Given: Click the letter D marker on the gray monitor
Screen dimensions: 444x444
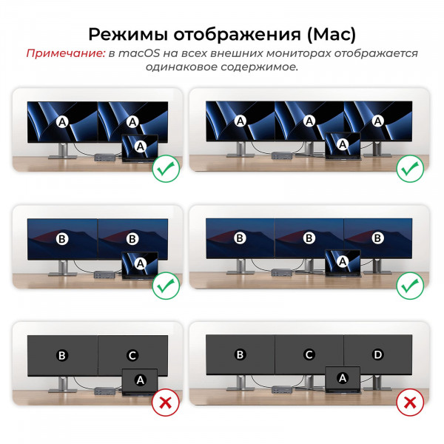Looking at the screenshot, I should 377,355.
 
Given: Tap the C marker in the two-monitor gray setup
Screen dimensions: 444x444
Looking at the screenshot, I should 132,355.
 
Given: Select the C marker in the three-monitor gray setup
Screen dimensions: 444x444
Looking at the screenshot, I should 309,355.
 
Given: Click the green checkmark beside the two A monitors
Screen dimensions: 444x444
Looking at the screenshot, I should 164,169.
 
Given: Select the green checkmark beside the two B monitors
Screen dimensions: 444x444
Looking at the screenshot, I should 164,286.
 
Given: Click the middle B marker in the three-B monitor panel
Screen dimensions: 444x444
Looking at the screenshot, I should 309,238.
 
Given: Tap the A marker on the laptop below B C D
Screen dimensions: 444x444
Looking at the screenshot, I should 342,377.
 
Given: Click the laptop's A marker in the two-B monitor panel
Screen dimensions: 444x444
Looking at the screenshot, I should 138,262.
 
